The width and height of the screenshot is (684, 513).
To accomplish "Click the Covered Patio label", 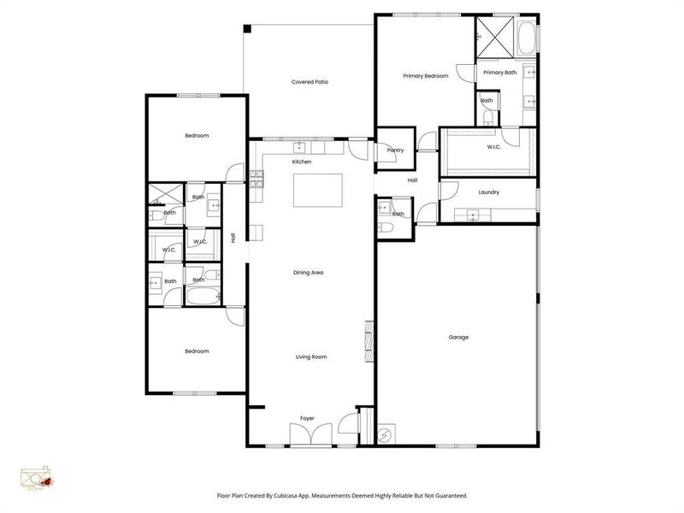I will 310,82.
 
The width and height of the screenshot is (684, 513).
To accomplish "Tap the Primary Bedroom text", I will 426,76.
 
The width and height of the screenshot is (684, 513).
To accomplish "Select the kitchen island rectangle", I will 318,190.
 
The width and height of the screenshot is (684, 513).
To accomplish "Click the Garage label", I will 458,337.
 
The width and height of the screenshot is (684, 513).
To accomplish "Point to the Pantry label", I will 395,150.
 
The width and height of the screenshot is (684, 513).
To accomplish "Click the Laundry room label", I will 488,192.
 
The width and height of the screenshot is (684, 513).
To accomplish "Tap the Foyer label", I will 307,418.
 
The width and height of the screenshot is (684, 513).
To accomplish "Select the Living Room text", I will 311,357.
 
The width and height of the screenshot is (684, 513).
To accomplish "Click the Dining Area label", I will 309,272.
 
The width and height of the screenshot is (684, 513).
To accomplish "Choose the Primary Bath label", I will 499,73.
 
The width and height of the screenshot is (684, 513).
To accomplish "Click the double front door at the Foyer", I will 307,433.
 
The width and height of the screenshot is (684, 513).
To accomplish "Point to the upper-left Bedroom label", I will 197,135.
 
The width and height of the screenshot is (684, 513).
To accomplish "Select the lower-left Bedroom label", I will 197,351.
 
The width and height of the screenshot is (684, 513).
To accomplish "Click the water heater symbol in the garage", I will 384,434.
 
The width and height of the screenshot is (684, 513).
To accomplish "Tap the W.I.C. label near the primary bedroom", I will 493,146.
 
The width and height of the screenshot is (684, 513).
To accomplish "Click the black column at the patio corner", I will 247,28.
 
